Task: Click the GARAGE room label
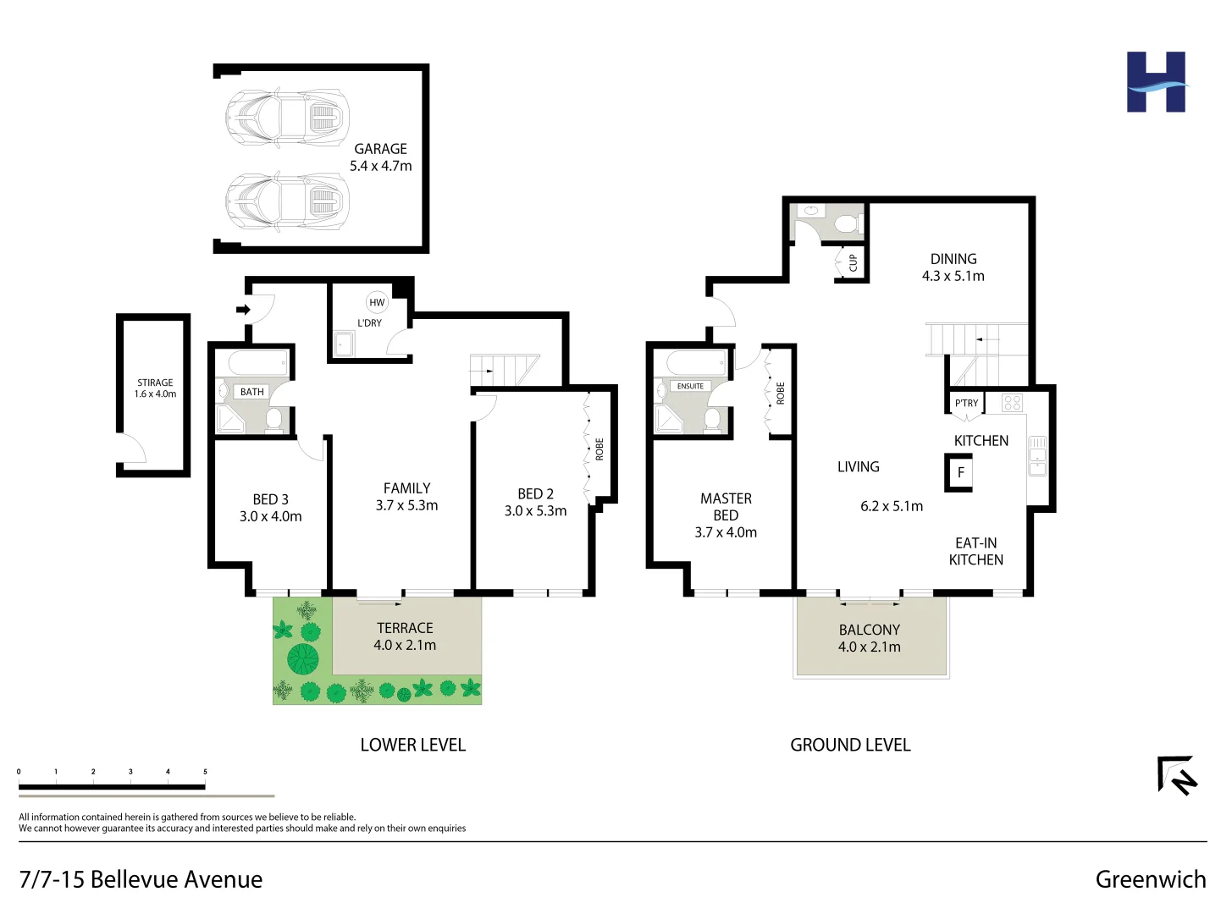pos(380,149)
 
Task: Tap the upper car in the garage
pos(287,118)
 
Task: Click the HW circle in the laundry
pos(377,302)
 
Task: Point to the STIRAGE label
pos(155,383)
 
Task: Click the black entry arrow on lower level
pos(243,310)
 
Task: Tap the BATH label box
pos(251,392)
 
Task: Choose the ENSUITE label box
pos(690,386)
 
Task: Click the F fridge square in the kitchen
pos(960,472)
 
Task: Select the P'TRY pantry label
pos(966,403)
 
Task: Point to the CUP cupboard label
pos(853,263)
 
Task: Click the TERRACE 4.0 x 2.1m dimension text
pos(405,645)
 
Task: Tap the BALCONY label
pos(869,630)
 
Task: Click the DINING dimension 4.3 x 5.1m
pos(953,276)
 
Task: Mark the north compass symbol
pos(1176,774)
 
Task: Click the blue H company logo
pos(1156,82)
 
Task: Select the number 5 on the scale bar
pos(205,772)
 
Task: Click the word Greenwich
pos(1150,879)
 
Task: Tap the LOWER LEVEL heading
pos(412,745)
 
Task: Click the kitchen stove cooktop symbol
pos(1012,403)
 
